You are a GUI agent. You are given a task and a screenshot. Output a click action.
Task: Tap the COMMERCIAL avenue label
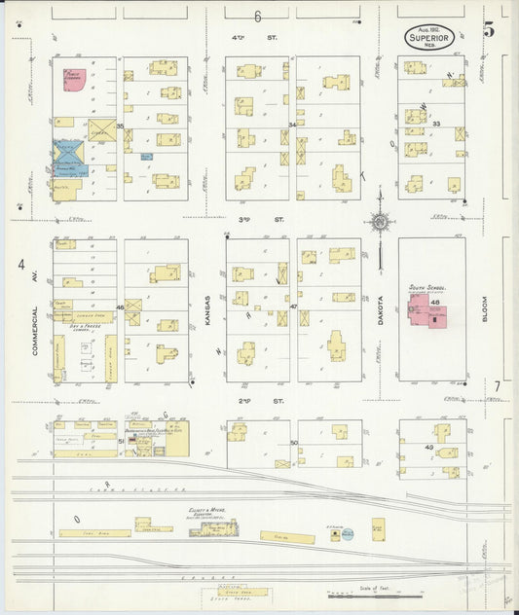pyautogui.click(x=35, y=330)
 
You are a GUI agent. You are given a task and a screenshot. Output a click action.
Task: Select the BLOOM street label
pyautogui.click(x=483, y=308)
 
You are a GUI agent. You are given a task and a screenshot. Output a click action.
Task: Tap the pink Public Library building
pyautogui.click(x=73, y=80)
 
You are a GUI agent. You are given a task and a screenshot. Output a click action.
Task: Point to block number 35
pyautogui.click(x=120, y=127)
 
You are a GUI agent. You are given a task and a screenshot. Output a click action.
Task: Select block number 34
pyautogui.click(x=292, y=126)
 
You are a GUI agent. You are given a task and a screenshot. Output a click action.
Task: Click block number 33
pyautogui.click(x=436, y=124)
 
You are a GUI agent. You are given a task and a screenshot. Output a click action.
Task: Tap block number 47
pyautogui.click(x=293, y=307)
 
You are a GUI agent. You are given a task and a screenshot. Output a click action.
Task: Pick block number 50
pyautogui.click(x=293, y=443)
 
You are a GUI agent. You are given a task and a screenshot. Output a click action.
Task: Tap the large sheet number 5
pyautogui.click(x=489, y=30)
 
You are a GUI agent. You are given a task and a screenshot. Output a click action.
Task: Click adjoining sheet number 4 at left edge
pyautogui.click(x=19, y=265)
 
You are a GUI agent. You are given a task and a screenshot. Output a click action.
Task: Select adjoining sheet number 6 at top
pyautogui.click(x=258, y=17)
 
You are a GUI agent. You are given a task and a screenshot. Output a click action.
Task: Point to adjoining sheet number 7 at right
pyautogui.click(x=496, y=386)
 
